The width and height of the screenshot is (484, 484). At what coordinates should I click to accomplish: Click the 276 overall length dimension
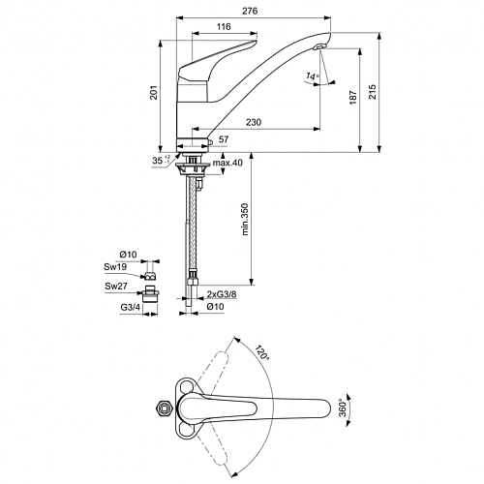pos(250,11)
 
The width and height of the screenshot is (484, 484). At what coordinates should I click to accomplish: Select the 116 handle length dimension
pos(224,26)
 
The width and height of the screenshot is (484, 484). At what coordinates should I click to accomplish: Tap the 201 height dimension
pos(155,92)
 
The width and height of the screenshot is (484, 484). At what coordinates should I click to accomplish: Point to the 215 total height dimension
pos(373,92)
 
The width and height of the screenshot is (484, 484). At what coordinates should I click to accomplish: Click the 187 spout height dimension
pos(353,97)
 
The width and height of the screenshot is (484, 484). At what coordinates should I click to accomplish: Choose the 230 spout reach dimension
pos(254,122)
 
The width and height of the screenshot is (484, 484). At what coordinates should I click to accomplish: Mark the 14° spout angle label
pos(312,76)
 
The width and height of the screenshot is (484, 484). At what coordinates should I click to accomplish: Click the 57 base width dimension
pos(224,139)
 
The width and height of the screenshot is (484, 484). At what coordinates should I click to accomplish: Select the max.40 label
pos(227,163)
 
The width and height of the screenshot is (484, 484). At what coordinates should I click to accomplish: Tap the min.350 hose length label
pos(245,219)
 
